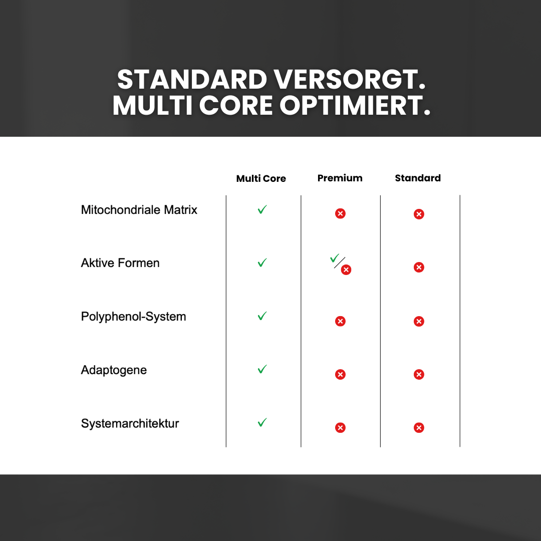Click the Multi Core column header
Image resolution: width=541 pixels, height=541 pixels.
[261, 178]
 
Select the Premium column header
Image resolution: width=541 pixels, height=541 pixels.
[340, 178]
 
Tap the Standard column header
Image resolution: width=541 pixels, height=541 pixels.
[418, 178]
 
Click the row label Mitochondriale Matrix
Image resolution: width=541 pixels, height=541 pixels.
[139, 210]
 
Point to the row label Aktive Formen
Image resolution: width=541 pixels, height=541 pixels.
[120, 263]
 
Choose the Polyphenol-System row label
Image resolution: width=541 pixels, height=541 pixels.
[133, 317]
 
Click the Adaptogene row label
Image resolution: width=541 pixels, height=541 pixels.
[114, 370]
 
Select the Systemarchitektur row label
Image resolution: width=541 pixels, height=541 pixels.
[130, 423]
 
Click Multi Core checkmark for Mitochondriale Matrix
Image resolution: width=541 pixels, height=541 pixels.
[262, 209]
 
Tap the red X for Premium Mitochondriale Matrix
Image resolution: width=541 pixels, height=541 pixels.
[340, 214]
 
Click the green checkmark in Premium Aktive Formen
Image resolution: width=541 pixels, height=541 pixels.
[334, 258]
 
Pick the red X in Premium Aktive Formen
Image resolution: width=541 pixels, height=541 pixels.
[346, 270]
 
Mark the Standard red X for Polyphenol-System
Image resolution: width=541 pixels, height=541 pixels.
[419, 321]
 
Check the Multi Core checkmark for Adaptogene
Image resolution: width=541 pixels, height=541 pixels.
[262, 369]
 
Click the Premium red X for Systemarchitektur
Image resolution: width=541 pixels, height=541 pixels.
[340, 428]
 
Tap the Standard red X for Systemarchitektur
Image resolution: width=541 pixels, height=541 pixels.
[419, 428]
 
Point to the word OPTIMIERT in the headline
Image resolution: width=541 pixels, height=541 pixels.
[355, 105]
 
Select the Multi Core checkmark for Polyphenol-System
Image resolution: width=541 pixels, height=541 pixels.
[262, 316]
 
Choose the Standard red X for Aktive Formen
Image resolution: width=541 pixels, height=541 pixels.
[419, 267]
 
